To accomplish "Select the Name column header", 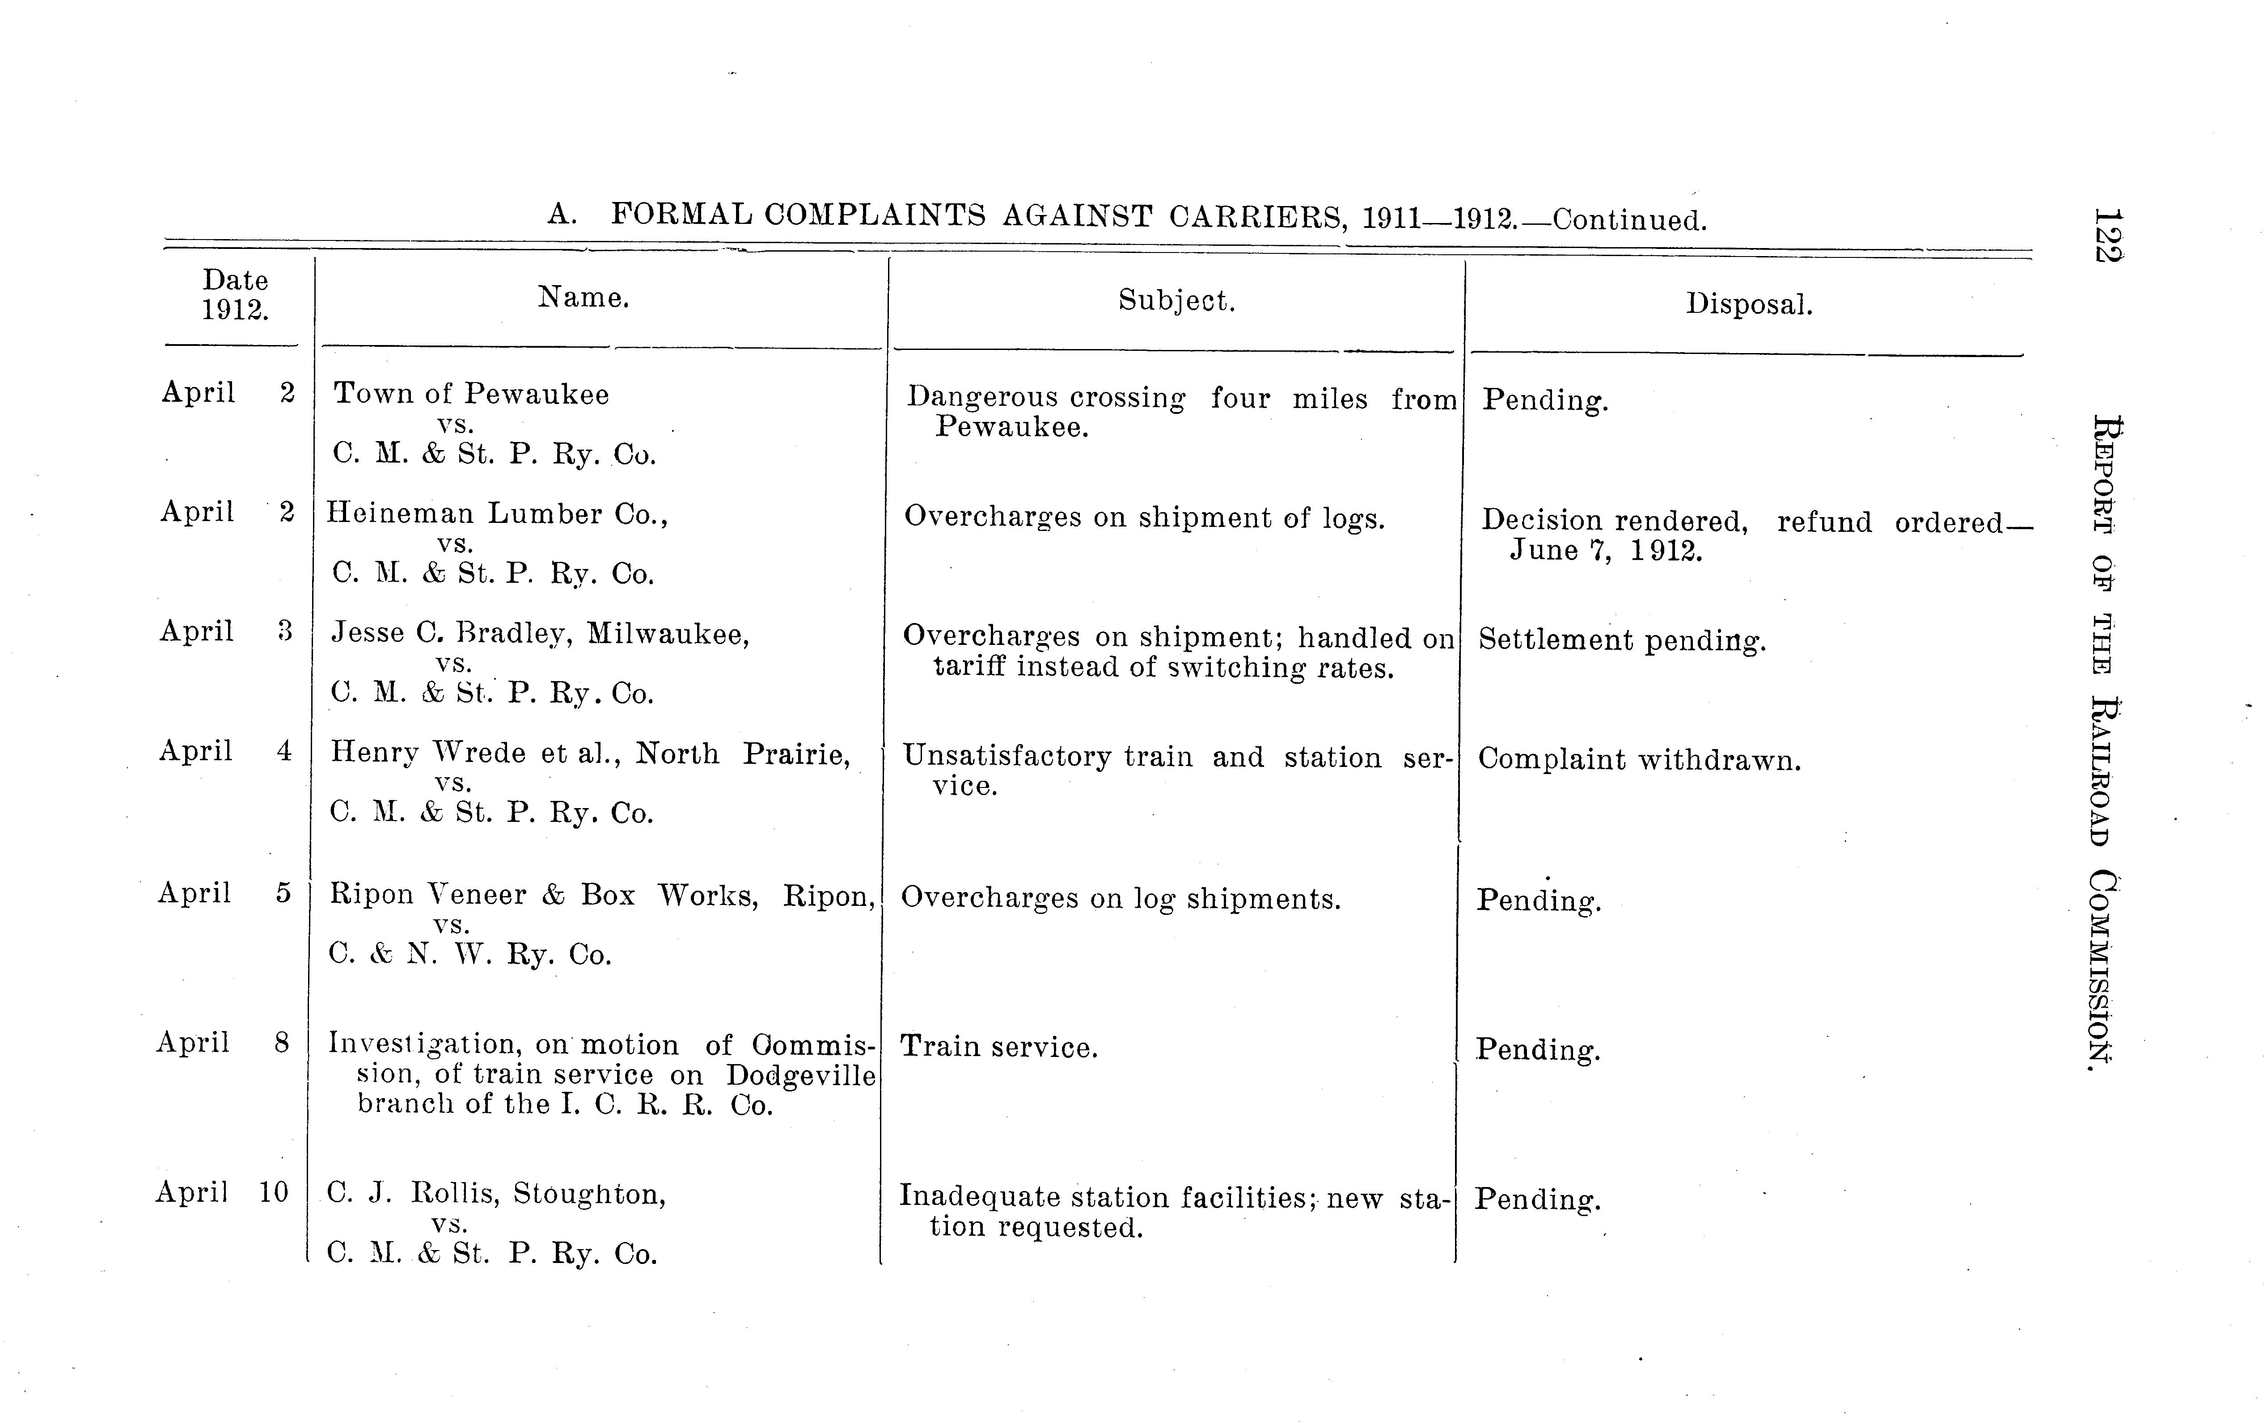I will [583, 299].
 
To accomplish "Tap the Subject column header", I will [1176, 301].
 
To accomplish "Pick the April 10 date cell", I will [222, 1192].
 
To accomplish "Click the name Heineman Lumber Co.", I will [496, 514].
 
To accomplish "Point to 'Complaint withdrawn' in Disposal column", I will [1639, 759].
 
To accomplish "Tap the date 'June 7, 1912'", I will [1606, 551].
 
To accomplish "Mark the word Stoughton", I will [589, 1194].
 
